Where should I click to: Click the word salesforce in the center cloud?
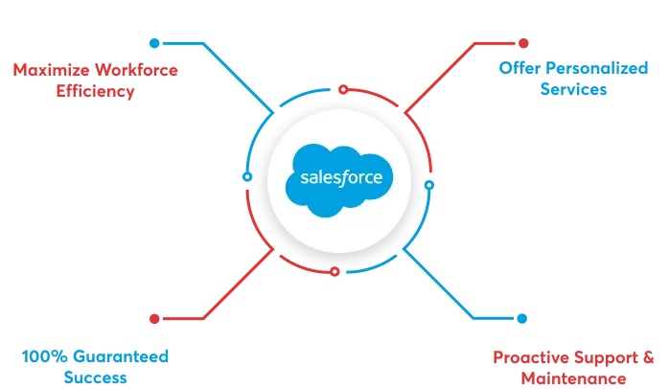(341, 177)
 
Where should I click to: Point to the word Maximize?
(43, 70)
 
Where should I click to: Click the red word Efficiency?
(93, 93)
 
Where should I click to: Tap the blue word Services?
(572, 91)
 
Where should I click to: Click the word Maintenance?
(572, 378)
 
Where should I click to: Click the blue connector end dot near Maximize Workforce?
(152, 43)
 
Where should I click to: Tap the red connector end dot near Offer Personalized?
(522, 43)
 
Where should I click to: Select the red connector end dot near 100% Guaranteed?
(153, 317)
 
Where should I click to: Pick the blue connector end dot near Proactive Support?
(521, 317)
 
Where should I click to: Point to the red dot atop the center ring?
(342, 91)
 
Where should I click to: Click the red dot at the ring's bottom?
(334, 274)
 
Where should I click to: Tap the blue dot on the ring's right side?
(429, 182)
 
